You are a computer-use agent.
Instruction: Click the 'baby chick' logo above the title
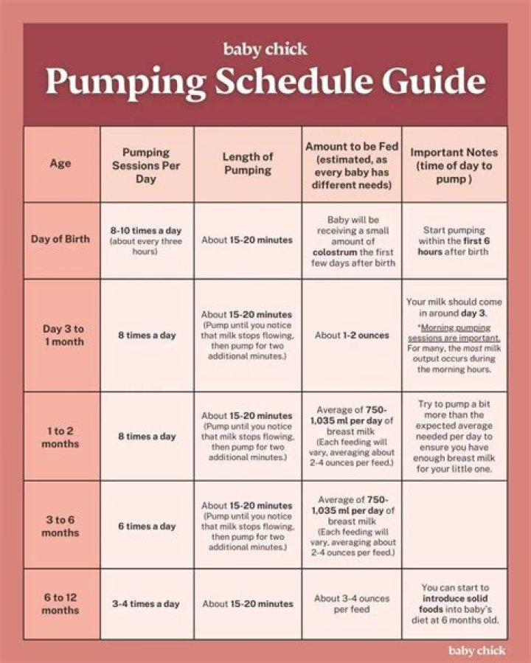click(x=265, y=50)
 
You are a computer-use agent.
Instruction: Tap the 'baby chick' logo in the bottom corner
click(x=476, y=650)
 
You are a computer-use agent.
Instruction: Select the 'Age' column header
click(x=60, y=164)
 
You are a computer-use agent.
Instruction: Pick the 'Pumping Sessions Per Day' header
click(x=146, y=166)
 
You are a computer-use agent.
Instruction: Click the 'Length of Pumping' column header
click(x=247, y=164)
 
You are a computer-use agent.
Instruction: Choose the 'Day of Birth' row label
click(x=60, y=240)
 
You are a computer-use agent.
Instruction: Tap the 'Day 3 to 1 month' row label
click(x=63, y=335)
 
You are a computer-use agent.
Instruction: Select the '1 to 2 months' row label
click(x=60, y=437)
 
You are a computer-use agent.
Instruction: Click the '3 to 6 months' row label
click(x=60, y=526)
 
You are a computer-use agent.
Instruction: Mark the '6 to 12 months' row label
click(x=60, y=603)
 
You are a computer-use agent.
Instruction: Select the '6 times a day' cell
click(x=146, y=527)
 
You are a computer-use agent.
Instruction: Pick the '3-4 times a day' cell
click(x=146, y=604)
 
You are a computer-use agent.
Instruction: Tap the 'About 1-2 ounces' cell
click(x=352, y=336)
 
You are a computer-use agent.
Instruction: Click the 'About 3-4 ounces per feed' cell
click(x=352, y=604)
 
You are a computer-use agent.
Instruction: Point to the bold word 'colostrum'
click(x=336, y=252)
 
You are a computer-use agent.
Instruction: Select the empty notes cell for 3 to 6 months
click(x=454, y=525)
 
